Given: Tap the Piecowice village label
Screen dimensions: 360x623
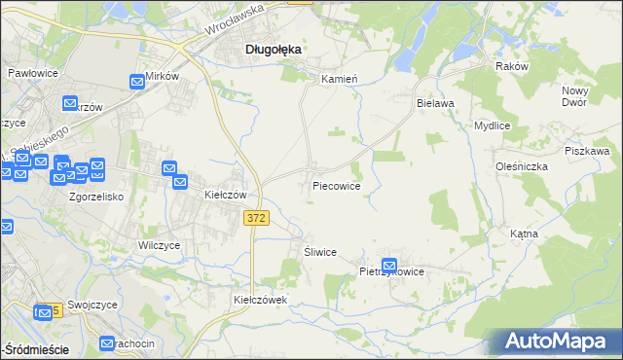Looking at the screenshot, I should tap(337, 186).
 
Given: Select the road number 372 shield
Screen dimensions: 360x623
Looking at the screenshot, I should tap(256, 221).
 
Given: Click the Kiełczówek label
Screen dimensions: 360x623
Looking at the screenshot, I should tap(260, 301).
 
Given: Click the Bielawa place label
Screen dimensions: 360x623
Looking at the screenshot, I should tap(435, 102).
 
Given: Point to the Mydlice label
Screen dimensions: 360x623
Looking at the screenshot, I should tap(493, 126).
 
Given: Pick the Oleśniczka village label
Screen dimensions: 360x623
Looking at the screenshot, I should tap(521, 166).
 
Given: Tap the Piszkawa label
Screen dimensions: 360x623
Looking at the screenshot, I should tap(587, 152).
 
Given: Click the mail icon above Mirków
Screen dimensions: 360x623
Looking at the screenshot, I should tap(138, 85).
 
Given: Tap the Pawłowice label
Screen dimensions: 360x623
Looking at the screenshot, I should tap(33, 74).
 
